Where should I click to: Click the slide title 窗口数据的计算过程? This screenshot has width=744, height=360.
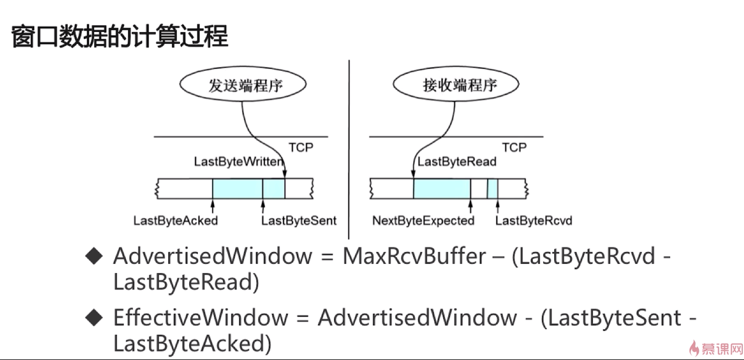tap(120, 37)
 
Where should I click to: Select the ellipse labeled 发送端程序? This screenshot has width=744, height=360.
tap(243, 84)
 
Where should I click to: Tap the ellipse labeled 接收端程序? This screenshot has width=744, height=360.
tap(456, 84)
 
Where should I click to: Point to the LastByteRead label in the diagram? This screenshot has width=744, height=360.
tap(457, 162)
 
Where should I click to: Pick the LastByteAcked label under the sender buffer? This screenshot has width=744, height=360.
tap(175, 221)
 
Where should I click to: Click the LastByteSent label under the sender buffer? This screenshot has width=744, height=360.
tap(299, 221)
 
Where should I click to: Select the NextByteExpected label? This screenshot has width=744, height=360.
tap(423, 221)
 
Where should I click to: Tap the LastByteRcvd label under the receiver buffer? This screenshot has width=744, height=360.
tap(534, 221)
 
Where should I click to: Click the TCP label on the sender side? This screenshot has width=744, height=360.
tap(301, 148)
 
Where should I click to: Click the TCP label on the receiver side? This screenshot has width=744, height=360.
tap(514, 148)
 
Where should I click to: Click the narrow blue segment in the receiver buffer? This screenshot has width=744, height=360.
tap(493, 189)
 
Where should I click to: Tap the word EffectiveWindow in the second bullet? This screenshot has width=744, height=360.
tap(201, 317)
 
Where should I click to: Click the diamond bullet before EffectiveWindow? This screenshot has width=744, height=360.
tap(94, 317)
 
